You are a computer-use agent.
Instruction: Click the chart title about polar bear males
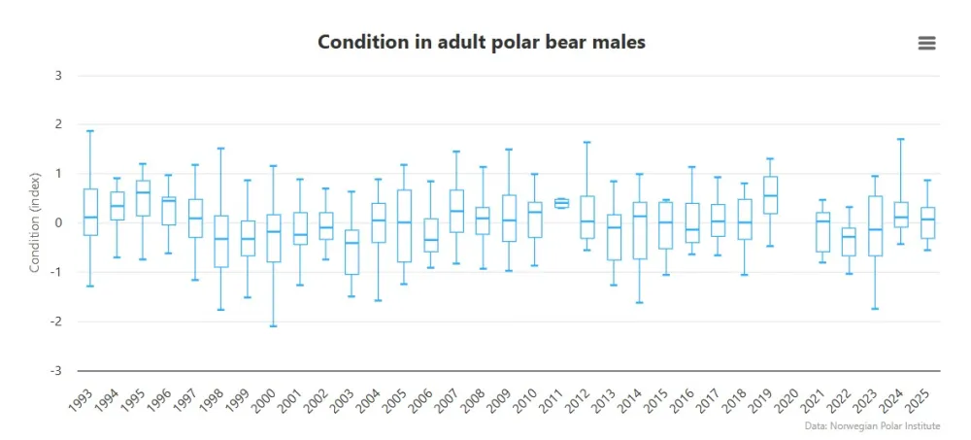click(x=482, y=42)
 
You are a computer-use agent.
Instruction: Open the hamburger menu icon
click(x=926, y=42)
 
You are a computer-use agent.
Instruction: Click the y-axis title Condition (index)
click(x=34, y=222)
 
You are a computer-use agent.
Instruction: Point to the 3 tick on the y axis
click(x=58, y=76)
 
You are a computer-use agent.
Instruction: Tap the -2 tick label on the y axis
click(x=55, y=322)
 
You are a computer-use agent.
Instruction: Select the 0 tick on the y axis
click(x=58, y=223)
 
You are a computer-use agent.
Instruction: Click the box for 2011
click(x=561, y=203)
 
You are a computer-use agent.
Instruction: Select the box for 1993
click(x=90, y=212)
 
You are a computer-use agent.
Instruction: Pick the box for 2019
click(x=770, y=194)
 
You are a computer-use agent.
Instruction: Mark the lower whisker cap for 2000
click(x=274, y=326)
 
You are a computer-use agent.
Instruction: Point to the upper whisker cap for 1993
click(x=90, y=130)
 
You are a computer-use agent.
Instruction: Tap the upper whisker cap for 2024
click(x=901, y=139)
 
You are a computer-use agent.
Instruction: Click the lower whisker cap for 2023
click(x=875, y=309)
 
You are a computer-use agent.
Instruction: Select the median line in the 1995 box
click(x=143, y=192)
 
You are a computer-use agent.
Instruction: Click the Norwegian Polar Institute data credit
click(x=873, y=425)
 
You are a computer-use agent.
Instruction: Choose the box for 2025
click(x=927, y=222)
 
